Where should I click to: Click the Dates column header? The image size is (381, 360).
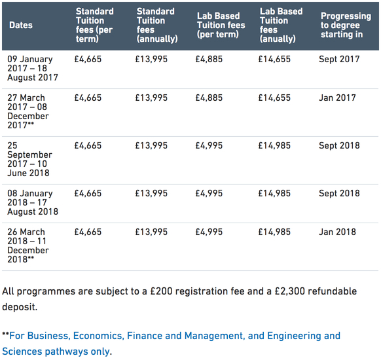[x=21, y=25]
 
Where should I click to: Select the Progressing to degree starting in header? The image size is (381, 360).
[x=346, y=25]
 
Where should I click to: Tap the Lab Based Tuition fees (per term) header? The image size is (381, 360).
[x=221, y=25]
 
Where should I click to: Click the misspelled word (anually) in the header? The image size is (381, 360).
[x=278, y=39]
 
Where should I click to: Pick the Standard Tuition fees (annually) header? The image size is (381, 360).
[x=157, y=25]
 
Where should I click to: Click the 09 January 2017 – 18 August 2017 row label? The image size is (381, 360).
[x=33, y=68]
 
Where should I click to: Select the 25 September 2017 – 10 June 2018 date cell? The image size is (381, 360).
[x=29, y=159]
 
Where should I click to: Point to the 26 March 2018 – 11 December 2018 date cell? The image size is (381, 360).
[x=28, y=245]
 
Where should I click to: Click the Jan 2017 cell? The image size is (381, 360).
[x=337, y=98]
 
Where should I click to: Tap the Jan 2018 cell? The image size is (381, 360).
[x=337, y=232]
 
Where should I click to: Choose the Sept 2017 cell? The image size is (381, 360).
[x=339, y=59]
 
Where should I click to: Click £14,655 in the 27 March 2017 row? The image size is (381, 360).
[x=274, y=98]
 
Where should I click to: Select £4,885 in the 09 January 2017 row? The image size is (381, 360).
[x=209, y=59]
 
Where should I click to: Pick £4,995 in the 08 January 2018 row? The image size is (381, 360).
[x=209, y=193]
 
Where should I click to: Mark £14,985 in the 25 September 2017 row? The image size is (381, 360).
[x=274, y=145]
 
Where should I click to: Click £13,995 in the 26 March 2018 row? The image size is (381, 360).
[x=151, y=232]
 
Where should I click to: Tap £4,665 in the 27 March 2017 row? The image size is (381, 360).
[x=88, y=98]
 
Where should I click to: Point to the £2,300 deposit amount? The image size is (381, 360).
[x=290, y=291]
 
